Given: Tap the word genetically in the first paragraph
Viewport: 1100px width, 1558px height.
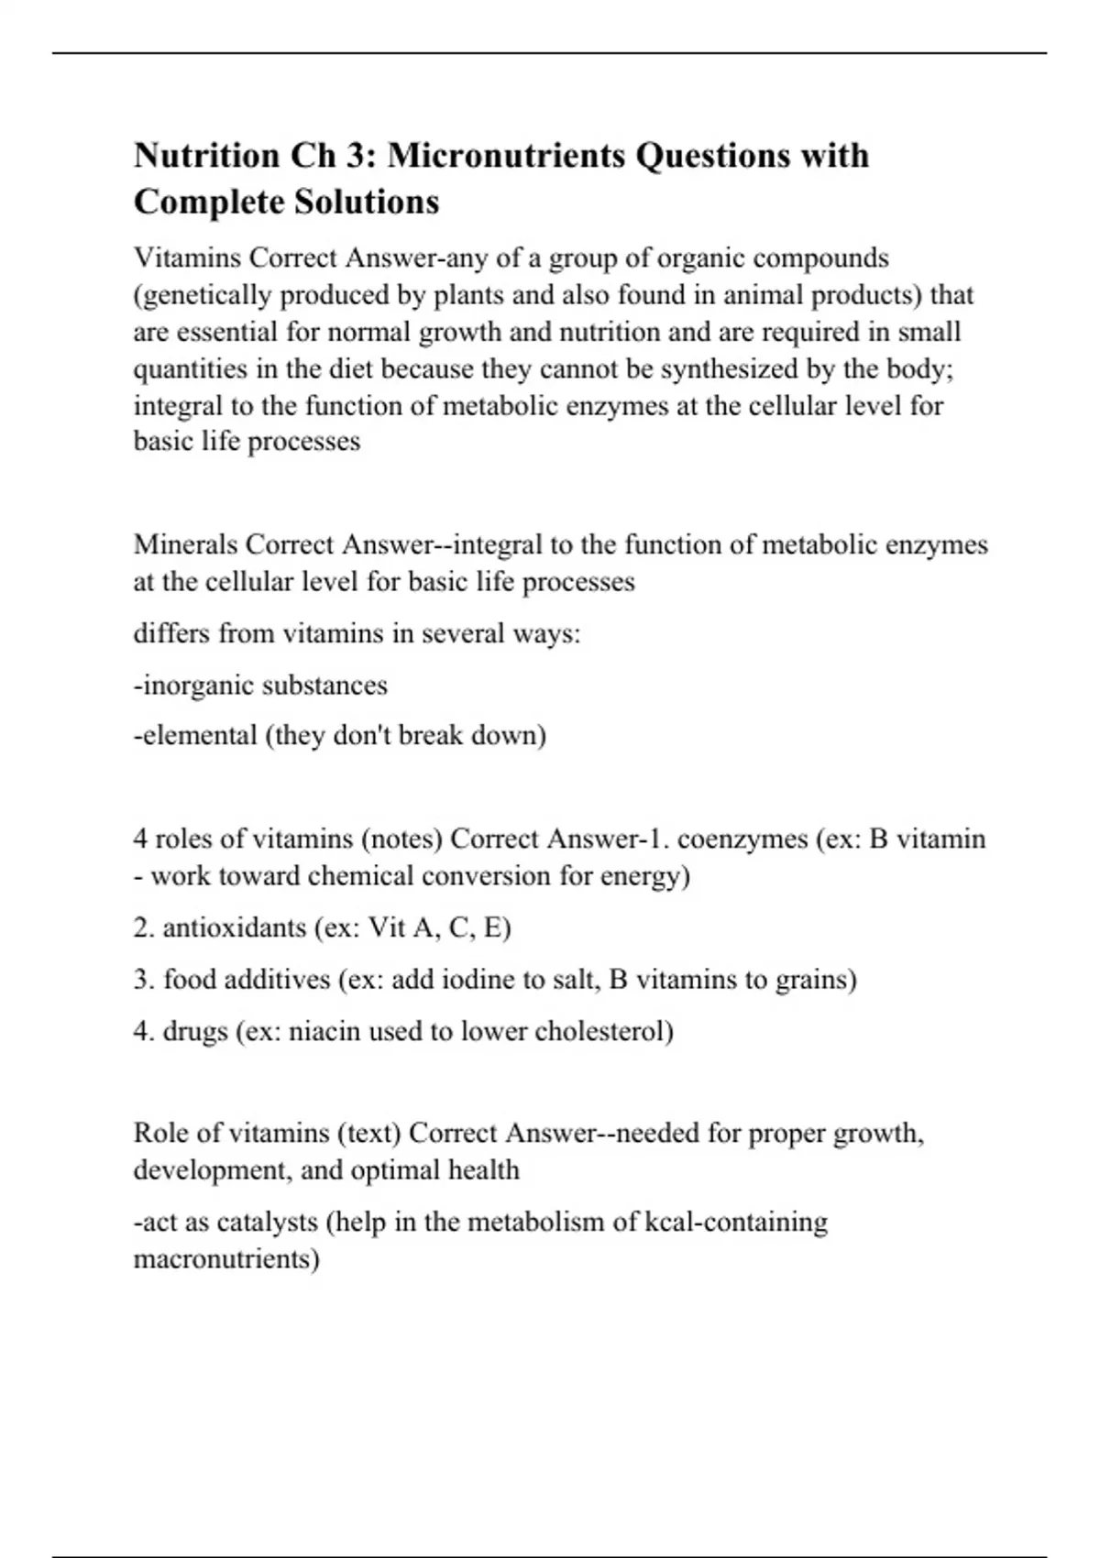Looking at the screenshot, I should pyautogui.click(x=207, y=295).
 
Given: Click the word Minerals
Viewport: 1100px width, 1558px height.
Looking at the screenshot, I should pyautogui.click(x=186, y=544).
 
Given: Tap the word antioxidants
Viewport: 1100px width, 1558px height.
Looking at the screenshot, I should pyautogui.click(x=234, y=927).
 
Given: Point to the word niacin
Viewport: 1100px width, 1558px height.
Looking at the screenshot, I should pyautogui.click(x=324, y=1031).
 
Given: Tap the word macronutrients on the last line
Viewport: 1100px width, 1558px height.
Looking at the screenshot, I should pyautogui.click(x=225, y=1258).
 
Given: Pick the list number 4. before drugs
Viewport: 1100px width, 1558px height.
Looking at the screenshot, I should pyautogui.click(x=144, y=1031).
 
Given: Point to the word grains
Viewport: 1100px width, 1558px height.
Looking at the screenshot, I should pyautogui.click(x=815, y=979).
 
